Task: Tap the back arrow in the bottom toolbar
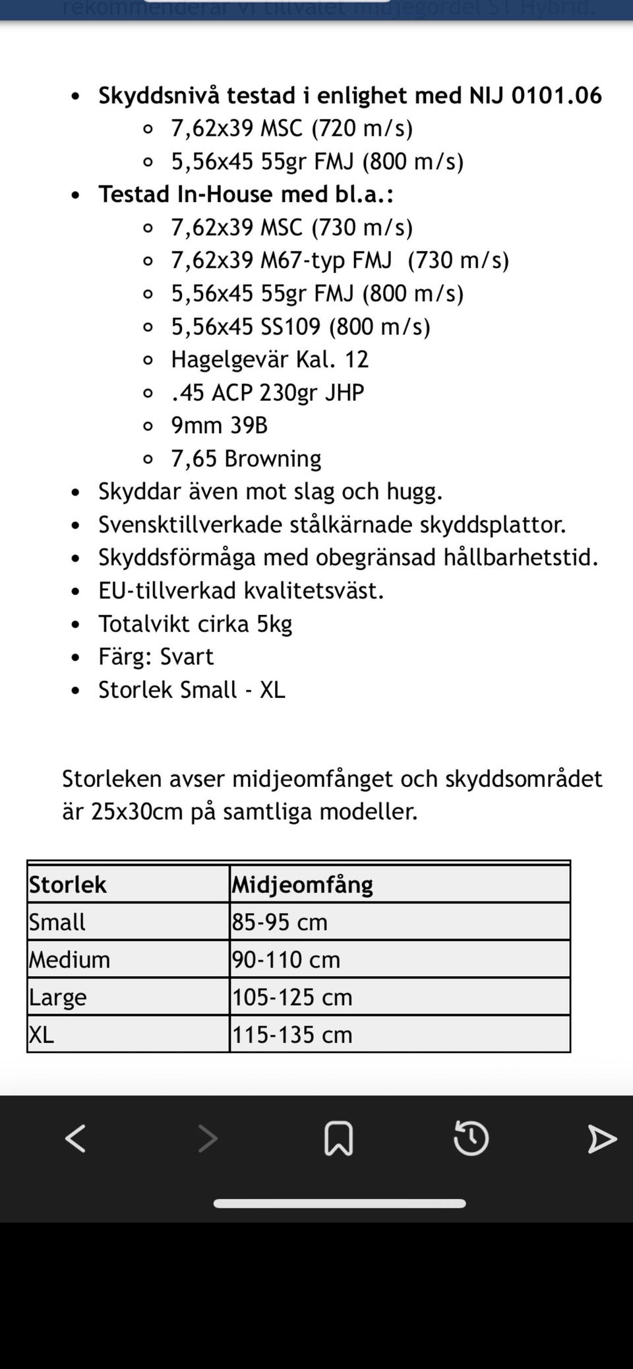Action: coord(75,1138)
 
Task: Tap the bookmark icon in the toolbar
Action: coord(339,1138)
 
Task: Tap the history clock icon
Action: coord(471,1138)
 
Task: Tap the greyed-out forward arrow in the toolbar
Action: coord(208,1138)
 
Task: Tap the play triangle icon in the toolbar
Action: coord(601,1139)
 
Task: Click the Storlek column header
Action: coord(67,885)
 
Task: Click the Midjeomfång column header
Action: coord(302,885)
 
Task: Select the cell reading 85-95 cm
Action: coord(280,922)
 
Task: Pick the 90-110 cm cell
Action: coord(286,960)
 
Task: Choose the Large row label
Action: coord(57,997)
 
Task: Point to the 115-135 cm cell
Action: coord(292,1035)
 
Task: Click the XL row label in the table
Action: coord(41,1035)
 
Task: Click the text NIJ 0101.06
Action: coord(535,96)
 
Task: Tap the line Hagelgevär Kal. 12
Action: coord(269,359)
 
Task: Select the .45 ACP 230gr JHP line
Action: coord(267,392)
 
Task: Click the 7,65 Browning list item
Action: coord(246,458)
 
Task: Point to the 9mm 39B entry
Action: coord(219,425)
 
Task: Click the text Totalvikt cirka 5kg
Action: coord(195,624)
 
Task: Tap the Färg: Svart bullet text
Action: coord(156,656)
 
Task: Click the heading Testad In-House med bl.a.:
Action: coord(246,194)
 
